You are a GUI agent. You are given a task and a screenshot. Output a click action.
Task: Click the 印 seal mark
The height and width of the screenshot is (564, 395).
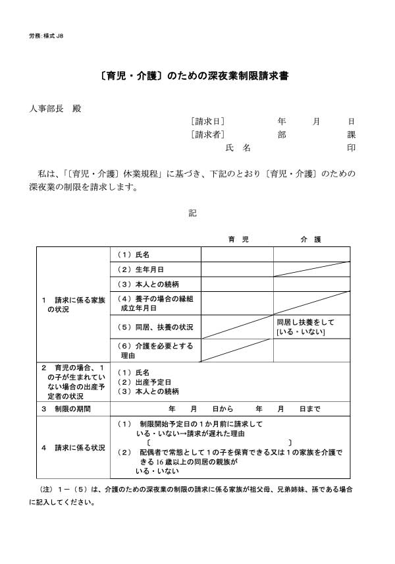click(352, 148)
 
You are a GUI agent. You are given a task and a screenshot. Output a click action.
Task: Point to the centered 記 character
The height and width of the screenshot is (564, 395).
click(192, 213)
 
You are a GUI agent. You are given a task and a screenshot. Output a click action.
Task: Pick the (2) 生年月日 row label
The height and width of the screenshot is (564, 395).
click(140, 269)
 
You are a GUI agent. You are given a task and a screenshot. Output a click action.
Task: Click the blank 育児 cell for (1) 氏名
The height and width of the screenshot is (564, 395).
click(237, 254)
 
